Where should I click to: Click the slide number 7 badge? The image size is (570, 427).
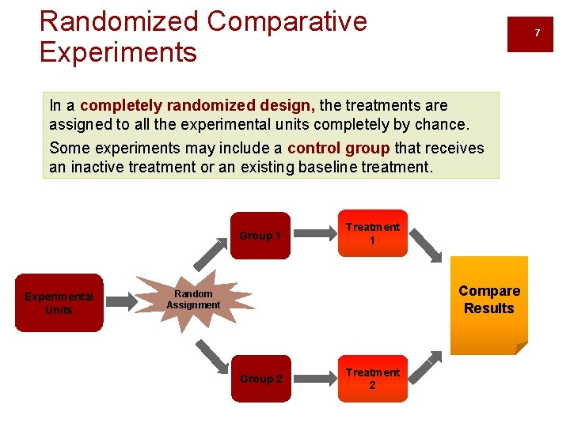pyautogui.click(x=537, y=33)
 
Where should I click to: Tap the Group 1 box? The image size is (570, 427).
pyautogui.click(x=260, y=235)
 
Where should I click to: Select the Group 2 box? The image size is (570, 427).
pyautogui.click(x=260, y=379)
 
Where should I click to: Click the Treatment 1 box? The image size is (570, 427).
pyautogui.click(x=373, y=233)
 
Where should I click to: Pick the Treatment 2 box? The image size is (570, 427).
pyautogui.click(x=373, y=379)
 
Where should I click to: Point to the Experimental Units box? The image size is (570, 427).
pyautogui.click(x=59, y=303)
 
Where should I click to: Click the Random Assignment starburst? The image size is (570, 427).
pyautogui.click(x=194, y=300)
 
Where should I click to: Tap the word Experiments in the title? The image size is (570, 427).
pyautogui.click(x=118, y=52)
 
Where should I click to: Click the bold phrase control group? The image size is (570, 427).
pyautogui.click(x=339, y=148)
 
